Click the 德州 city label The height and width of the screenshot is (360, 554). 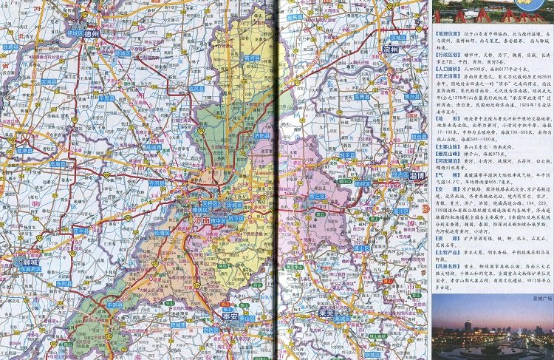click(90, 34)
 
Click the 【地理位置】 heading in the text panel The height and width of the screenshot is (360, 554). click(447, 33)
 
